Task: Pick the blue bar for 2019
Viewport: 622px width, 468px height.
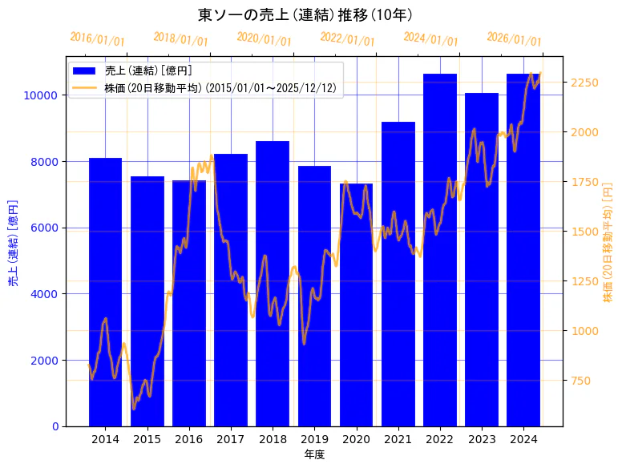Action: tap(314, 296)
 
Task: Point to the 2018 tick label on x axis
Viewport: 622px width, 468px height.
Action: tap(273, 439)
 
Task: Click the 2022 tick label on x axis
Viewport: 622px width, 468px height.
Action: tap(440, 439)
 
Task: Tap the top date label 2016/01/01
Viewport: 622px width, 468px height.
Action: tap(97, 39)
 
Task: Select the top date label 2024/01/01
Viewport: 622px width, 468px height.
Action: tap(430, 39)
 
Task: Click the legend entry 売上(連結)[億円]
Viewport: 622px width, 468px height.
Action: tap(147, 71)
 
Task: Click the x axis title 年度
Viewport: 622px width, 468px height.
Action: tap(314, 455)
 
